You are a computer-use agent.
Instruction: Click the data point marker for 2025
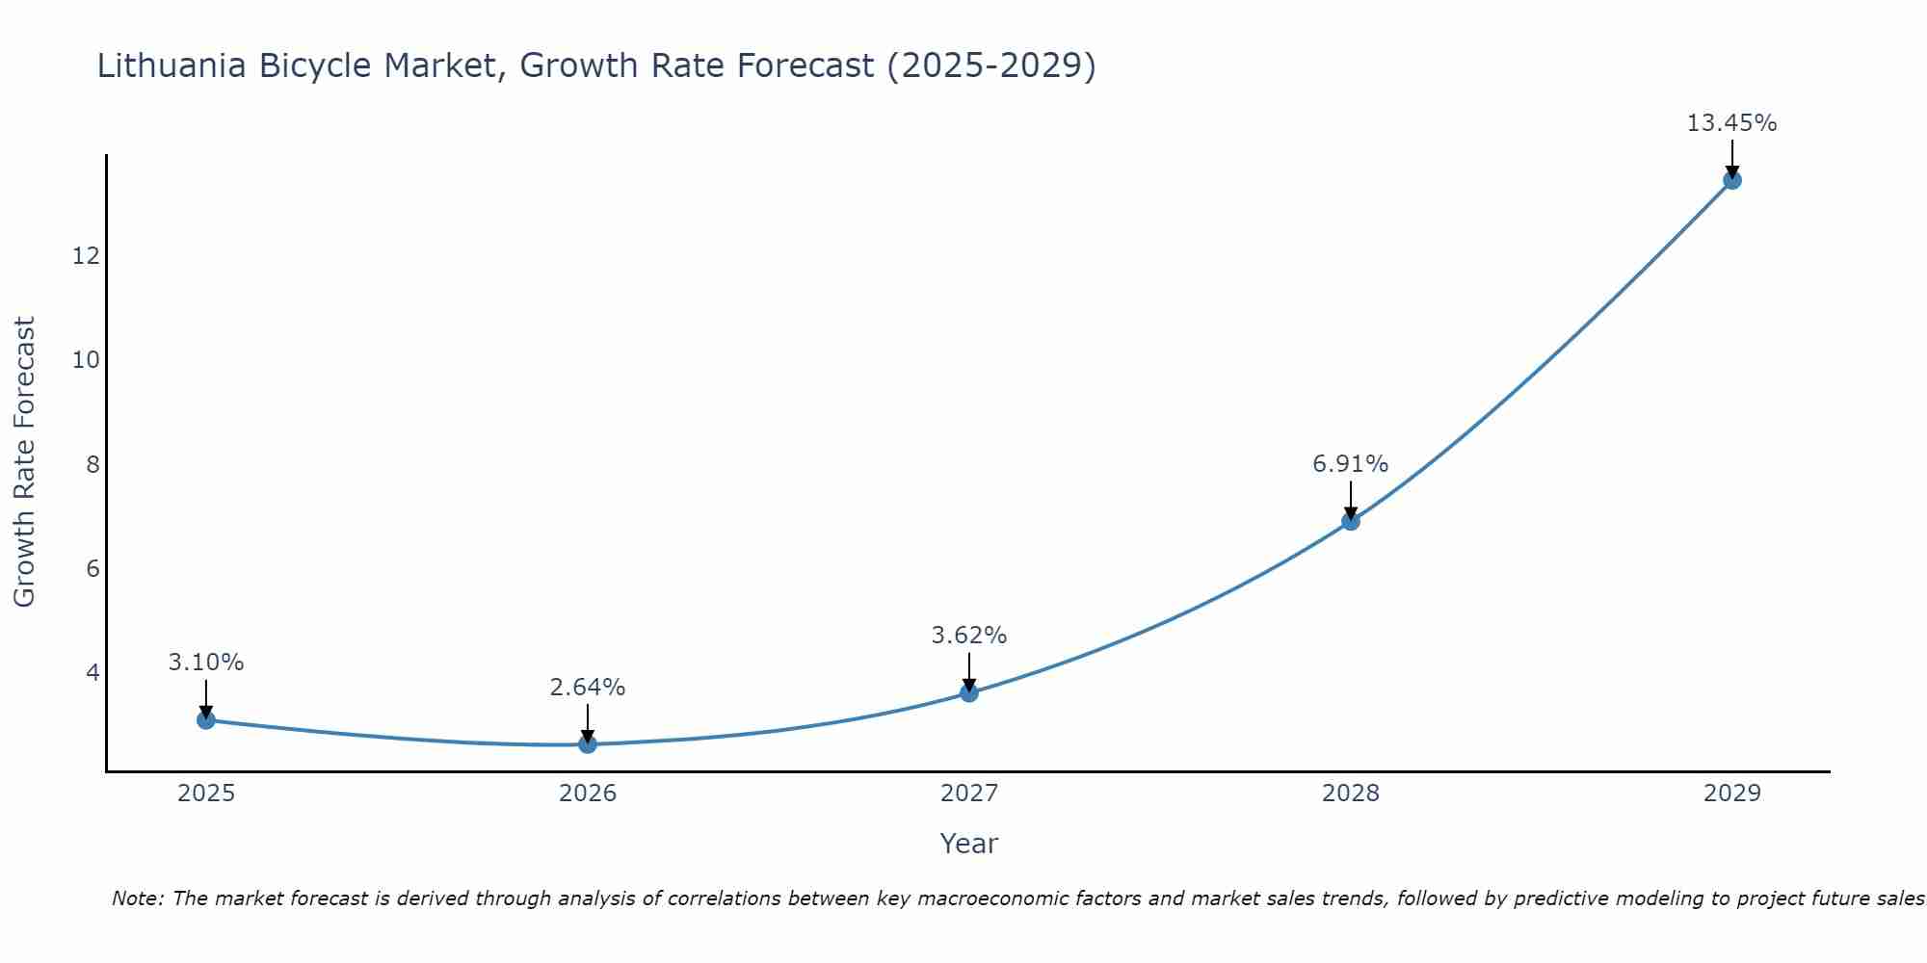click(205, 719)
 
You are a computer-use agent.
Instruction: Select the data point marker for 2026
click(587, 743)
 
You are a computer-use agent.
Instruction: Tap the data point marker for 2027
click(968, 692)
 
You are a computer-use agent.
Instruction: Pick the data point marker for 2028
click(1350, 521)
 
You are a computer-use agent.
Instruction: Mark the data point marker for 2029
click(1731, 180)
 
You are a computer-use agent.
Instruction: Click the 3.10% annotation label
click(205, 663)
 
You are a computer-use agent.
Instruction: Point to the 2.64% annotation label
click(587, 688)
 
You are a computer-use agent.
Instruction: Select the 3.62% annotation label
click(968, 636)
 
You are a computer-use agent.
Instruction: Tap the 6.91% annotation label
click(1350, 464)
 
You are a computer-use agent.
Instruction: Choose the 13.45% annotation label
click(1731, 123)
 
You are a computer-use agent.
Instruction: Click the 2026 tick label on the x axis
click(588, 794)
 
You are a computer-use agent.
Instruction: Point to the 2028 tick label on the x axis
click(1350, 794)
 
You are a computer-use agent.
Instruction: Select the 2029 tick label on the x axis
click(1731, 794)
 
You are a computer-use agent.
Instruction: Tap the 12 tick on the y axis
click(86, 256)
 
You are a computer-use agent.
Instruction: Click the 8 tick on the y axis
click(92, 465)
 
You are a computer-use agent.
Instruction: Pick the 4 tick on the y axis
click(92, 672)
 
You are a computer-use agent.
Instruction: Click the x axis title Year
click(968, 844)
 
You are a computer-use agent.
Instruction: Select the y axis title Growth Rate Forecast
click(25, 461)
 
